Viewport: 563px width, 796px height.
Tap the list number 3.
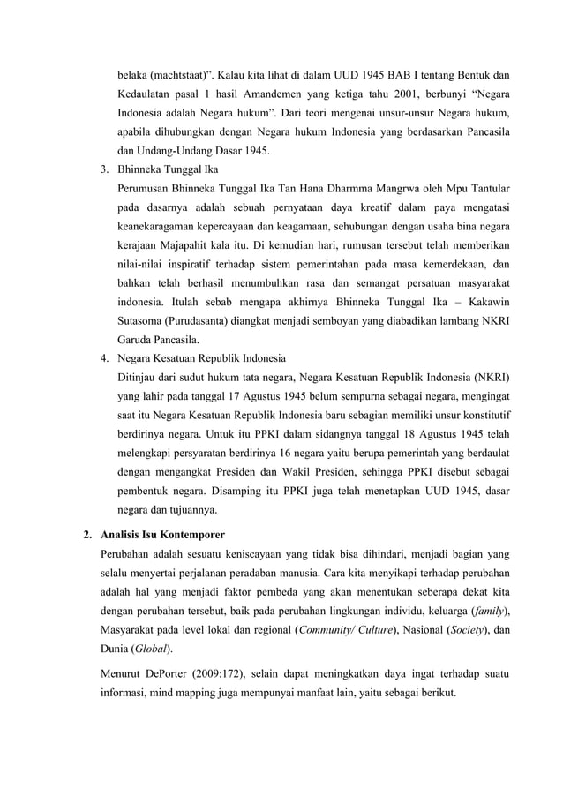[103, 169]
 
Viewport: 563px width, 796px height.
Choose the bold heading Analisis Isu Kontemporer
[162, 534]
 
